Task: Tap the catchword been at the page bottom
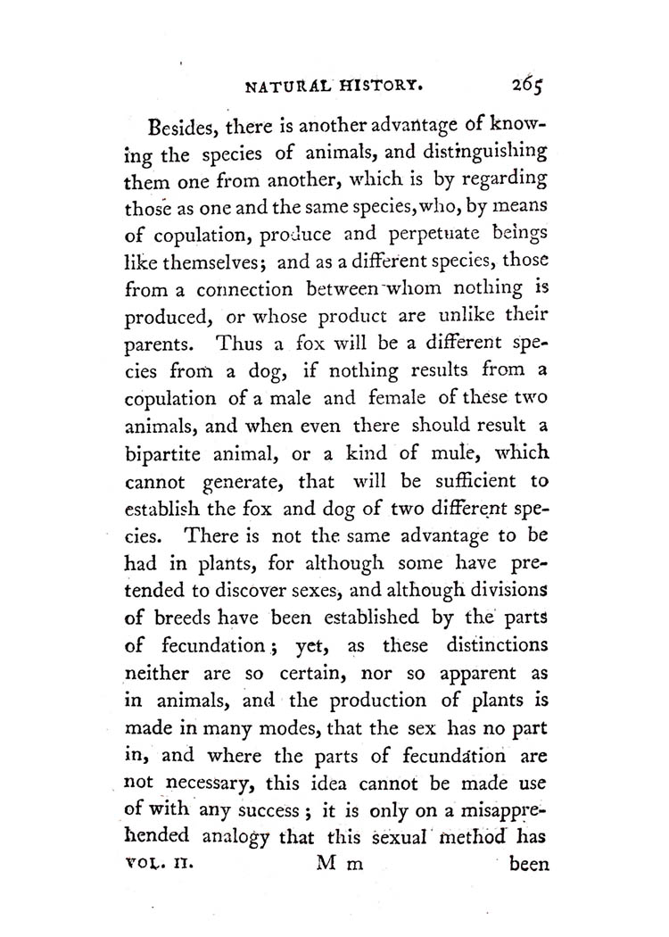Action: coord(530,864)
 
